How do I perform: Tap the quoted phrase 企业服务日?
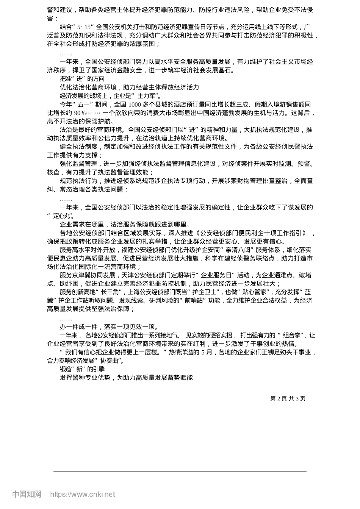[x=217, y=275]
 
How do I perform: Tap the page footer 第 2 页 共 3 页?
[x=288, y=398]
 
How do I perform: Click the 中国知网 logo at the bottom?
[x=27, y=494]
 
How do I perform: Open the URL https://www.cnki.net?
[x=83, y=494]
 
